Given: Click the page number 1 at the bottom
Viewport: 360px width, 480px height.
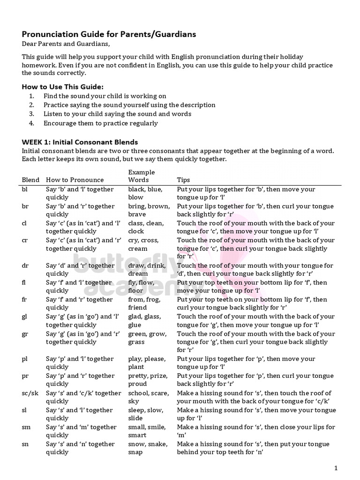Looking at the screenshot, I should click(x=336, y=468).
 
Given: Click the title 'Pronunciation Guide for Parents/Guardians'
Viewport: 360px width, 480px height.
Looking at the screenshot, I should click(x=109, y=34).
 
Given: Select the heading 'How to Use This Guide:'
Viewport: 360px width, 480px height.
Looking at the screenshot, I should click(x=63, y=87).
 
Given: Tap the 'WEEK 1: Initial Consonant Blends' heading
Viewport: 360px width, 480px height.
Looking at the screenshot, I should click(x=80, y=142).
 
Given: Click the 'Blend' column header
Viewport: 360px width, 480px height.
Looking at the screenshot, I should click(x=31, y=180).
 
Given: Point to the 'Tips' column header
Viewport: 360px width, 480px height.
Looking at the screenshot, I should click(x=184, y=180).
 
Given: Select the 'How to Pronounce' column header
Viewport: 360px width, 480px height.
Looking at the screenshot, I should click(x=75, y=180).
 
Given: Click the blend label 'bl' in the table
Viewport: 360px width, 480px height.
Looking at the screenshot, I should click(x=25, y=189).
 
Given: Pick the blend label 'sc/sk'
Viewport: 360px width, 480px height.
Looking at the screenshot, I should click(x=30, y=393).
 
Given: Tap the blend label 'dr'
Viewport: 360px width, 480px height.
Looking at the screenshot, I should click(x=25, y=266).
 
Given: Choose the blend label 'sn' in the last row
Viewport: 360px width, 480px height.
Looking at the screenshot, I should click(x=25, y=444).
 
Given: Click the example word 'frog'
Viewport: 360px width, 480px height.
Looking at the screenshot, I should click(x=153, y=300).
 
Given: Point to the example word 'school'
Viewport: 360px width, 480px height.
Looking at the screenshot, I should click(x=139, y=393).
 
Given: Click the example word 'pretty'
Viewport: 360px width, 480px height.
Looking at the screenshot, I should click(x=139, y=376).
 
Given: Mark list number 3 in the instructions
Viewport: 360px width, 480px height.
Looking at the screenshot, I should click(x=31, y=114).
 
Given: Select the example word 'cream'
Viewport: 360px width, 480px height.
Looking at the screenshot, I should click(x=138, y=248).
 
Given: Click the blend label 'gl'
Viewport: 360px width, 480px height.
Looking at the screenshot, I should click(x=25, y=317).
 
